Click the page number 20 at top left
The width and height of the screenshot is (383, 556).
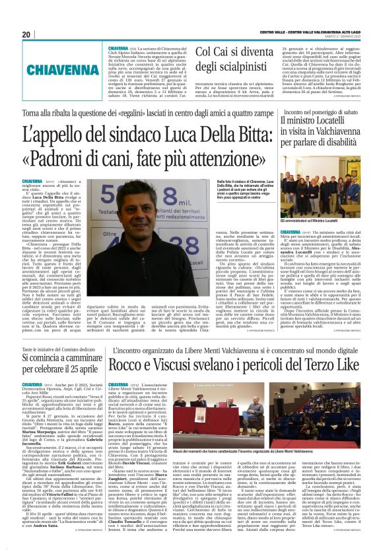click(x=26, y=34)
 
